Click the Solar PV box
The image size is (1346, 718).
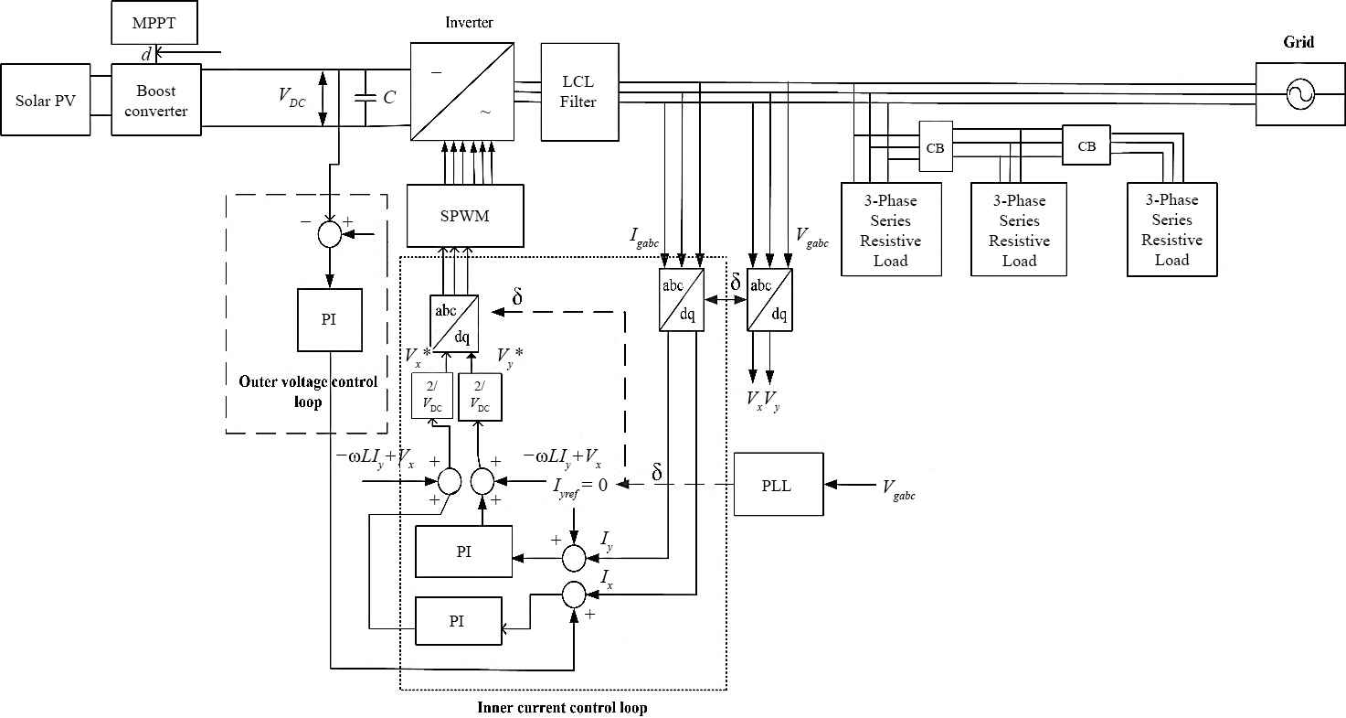[x=46, y=100]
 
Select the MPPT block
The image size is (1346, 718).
[x=154, y=23]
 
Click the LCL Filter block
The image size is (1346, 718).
[x=578, y=92]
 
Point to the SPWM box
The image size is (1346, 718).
[x=465, y=216]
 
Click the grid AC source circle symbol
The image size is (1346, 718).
[x=1298, y=93]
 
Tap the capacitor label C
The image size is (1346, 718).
[x=389, y=96]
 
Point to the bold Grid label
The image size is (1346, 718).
[x=1298, y=42]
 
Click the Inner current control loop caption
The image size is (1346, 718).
[x=562, y=707]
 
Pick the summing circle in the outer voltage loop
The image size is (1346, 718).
[x=329, y=234]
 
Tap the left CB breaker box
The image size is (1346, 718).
[x=935, y=146]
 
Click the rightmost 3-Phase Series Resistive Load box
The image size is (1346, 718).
[x=1171, y=229]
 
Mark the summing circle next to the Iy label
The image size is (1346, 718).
[x=574, y=557]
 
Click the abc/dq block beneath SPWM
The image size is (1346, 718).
[x=454, y=323]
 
